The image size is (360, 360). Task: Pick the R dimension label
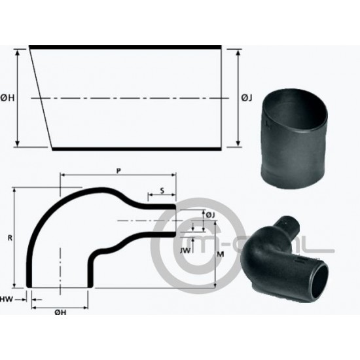9,238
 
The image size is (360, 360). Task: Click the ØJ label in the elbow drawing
210,215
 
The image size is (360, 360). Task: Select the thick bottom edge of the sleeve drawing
137,149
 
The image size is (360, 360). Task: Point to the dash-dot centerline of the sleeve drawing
131,98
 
